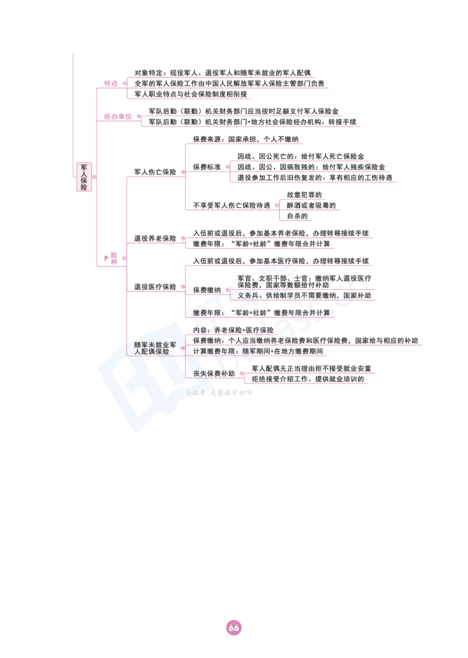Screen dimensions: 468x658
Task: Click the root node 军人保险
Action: [84, 177]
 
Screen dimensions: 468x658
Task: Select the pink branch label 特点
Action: [111, 84]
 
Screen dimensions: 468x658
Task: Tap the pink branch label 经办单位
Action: [118, 116]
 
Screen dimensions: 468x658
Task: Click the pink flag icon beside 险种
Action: [106, 258]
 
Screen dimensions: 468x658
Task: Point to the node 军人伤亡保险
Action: [155, 172]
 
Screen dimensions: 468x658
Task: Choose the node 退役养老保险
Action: [155, 238]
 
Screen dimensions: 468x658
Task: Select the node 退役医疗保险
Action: [155, 287]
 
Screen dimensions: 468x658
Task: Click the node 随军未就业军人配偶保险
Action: [155, 348]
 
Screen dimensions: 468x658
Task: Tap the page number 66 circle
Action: [234, 628]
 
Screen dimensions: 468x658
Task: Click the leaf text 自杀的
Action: [297, 216]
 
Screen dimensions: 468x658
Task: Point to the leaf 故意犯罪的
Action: [304, 195]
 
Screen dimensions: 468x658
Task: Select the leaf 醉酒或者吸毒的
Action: [311, 205]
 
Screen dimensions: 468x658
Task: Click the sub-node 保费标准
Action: [207, 167]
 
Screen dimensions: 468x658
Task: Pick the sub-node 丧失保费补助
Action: [214, 373]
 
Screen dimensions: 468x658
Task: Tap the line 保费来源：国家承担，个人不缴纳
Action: [246, 139]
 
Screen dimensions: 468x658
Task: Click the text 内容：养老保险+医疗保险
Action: [233, 330]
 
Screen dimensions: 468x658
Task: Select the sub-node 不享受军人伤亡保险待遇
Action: [232, 205]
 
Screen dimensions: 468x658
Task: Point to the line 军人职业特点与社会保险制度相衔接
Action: [191, 94]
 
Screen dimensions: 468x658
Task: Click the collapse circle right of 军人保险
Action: [94, 177]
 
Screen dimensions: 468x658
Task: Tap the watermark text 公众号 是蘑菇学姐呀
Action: [219, 393]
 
